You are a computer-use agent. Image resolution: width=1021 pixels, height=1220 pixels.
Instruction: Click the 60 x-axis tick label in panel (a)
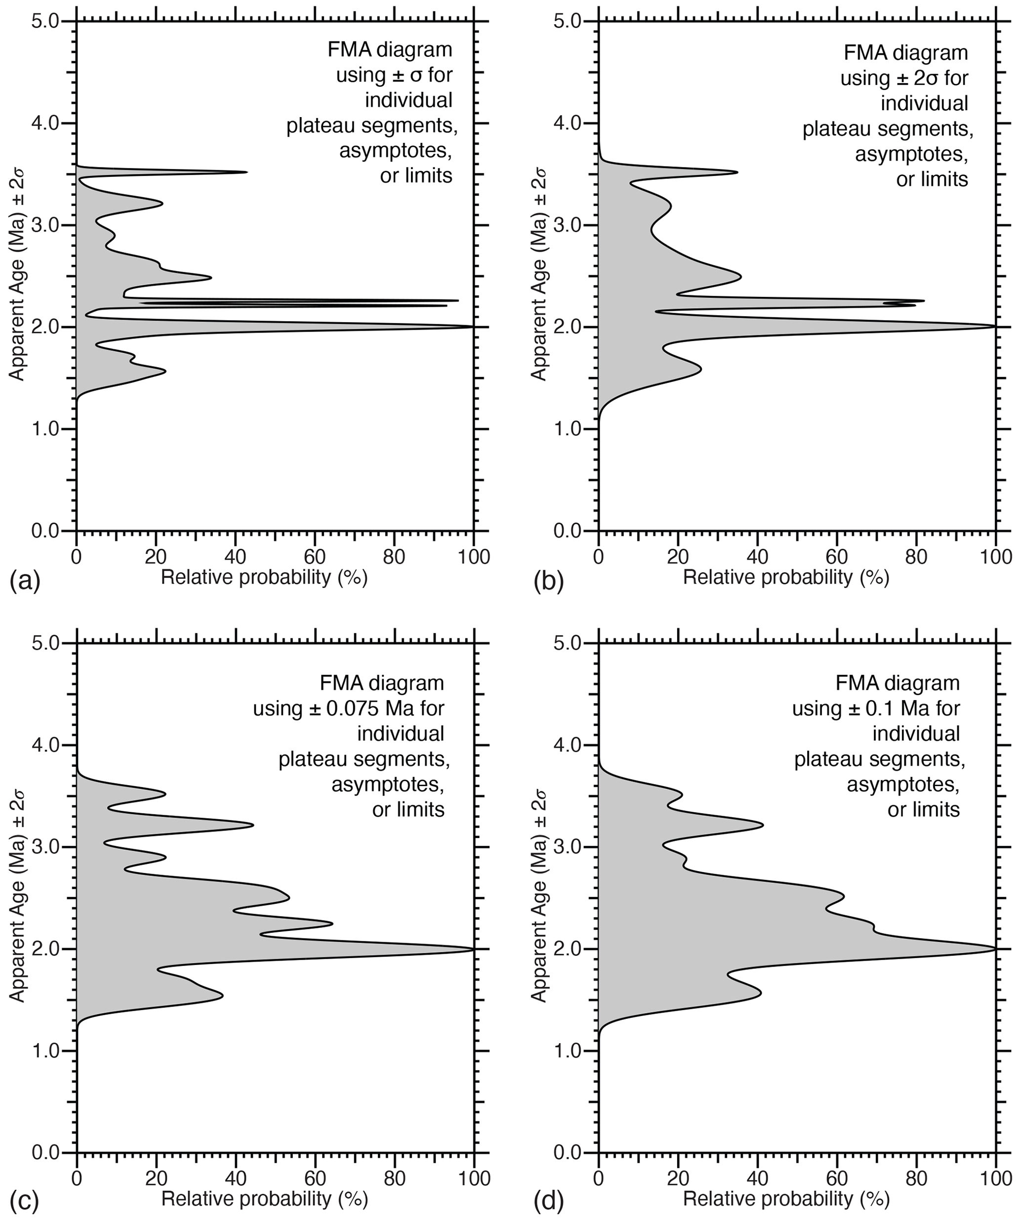coord(314,556)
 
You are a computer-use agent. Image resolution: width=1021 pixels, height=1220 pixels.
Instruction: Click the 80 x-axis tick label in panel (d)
coord(916,1178)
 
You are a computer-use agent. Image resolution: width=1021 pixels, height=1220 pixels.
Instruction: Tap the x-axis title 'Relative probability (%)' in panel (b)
coord(786,578)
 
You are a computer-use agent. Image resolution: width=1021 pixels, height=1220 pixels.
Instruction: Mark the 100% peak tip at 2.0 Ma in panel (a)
coord(473,327)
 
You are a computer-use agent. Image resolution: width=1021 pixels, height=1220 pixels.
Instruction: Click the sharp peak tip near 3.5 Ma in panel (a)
coord(247,172)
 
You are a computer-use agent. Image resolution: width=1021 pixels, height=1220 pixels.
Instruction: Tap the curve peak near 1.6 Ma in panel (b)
coord(701,369)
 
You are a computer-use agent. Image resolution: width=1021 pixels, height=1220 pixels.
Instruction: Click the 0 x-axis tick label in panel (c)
coord(77,1178)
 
